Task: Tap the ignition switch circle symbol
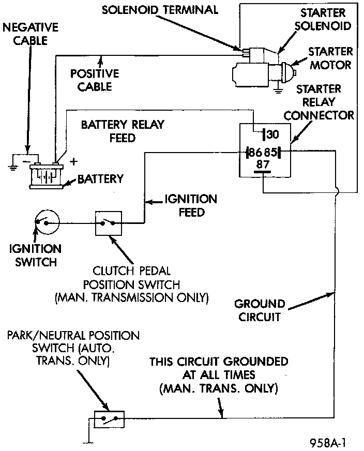click(47, 222)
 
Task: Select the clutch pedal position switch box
click(108, 223)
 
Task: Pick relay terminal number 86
click(254, 152)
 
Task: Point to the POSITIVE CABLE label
click(95, 80)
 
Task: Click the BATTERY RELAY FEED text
click(123, 131)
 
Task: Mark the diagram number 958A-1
click(327, 443)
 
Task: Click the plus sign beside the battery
click(74, 161)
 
